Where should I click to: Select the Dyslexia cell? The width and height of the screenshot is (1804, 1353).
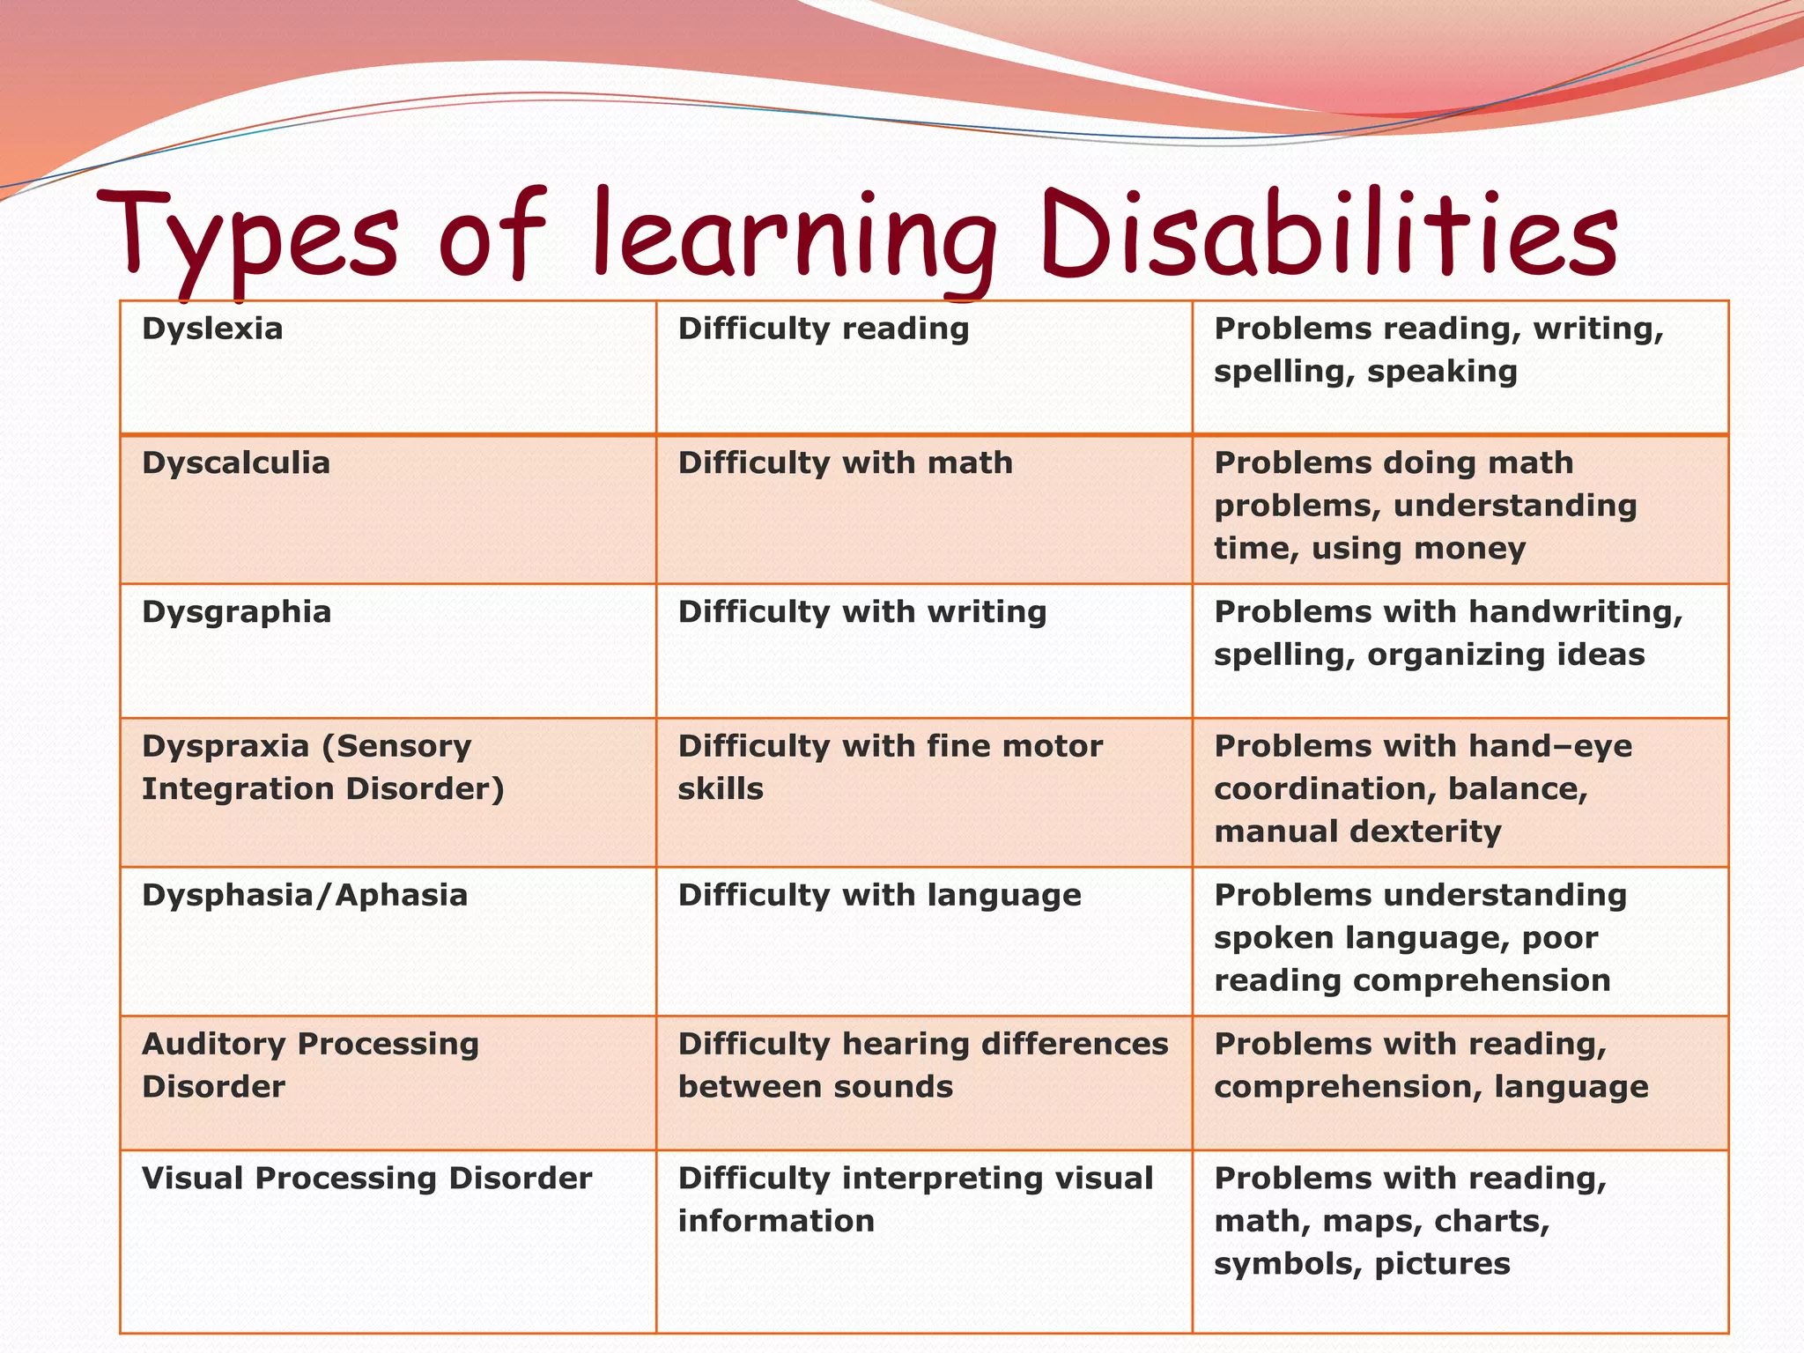(x=212, y=329)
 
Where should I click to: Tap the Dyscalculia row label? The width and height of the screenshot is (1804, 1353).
(x=235, y=462)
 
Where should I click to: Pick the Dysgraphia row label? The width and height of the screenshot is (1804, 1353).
(x=236, y=611)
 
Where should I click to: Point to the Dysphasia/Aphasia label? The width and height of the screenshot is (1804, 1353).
(x=304, y=895)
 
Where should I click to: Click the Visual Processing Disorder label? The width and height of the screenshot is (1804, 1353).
(x=366, y=1178)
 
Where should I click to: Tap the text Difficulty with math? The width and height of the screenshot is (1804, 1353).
(x=845, y=462)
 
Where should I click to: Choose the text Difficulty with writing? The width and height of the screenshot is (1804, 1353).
(x=861, y=611)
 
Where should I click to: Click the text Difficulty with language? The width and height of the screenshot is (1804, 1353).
(x=879, y=895)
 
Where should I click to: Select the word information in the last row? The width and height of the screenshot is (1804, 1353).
(x=775, y=1221)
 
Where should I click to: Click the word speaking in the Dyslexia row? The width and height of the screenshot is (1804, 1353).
(x=1442, y=372)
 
